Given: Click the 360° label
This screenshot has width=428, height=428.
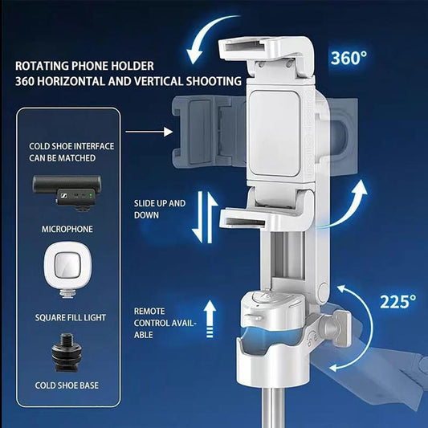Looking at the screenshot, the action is [349, 58].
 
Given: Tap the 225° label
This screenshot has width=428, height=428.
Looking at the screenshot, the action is [398, 301].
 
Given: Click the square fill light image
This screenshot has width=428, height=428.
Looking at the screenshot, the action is [67, 270].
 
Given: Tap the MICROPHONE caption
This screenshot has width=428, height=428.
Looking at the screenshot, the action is [67, 229].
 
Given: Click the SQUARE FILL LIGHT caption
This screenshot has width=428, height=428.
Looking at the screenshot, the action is [71, 317].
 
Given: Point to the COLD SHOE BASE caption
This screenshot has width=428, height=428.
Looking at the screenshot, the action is [67, 385].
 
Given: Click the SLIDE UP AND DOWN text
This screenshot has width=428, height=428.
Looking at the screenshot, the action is [160, 209].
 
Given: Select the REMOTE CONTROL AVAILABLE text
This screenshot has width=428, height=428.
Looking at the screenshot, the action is [165, 323].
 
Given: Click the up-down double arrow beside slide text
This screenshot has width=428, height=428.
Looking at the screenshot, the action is [205, 218].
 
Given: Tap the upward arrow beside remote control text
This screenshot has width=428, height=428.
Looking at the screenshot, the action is [210, 319].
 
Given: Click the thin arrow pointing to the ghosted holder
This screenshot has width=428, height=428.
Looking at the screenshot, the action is [149, 132].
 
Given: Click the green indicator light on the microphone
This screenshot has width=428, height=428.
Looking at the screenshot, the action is [91, 195].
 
